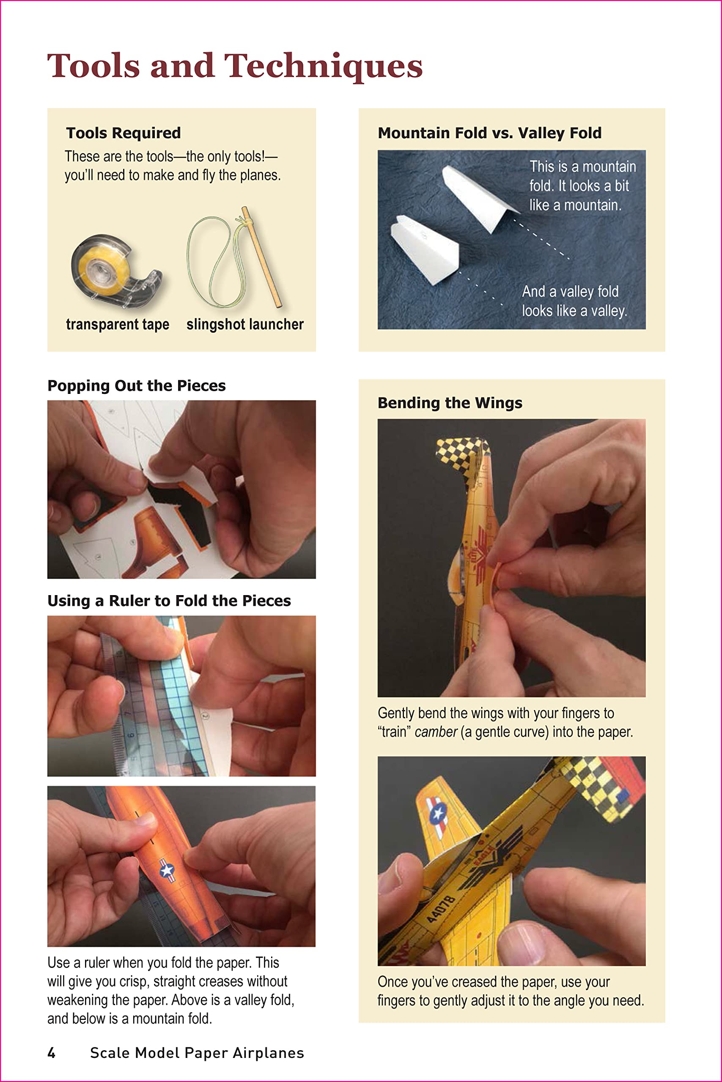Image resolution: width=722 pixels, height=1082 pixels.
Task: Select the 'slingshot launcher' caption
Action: pyautogui.click(x=244, y=324)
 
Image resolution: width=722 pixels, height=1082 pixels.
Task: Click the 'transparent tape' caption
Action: pyautogui.click(x=118, y=324)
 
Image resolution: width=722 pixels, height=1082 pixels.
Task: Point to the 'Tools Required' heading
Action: pyautogui.click(x=124, y=133)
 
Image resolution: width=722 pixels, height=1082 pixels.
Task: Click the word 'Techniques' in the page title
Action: pyautogui.click(x=323, y=66)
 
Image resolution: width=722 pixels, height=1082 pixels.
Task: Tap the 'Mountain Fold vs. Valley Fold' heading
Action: pyautogui.click(x=489, y=133)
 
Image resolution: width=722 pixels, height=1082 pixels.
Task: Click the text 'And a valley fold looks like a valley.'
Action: pyautogui.click(x=574, y=301)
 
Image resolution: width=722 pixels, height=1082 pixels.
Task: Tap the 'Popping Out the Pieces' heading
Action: pyautogui.click(x=136, y=385)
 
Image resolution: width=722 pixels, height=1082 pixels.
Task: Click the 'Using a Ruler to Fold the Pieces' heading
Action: pyautogui.click(x=169, y=601)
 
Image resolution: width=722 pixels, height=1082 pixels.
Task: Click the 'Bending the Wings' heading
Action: pyautogui.click(x=450, y=403)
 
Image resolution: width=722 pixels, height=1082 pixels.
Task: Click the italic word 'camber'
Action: pyautogui.click(x=436, y=732)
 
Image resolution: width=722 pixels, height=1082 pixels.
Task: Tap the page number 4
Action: pyautogui.click(x=52, y=1053)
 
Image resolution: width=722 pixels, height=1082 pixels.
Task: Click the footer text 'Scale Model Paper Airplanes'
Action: pyautogui.click(x=197, y=1053)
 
